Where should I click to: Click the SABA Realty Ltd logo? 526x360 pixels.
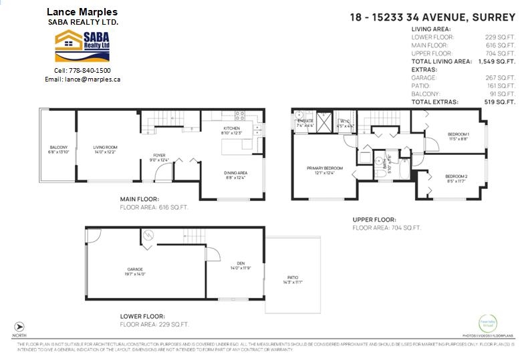[82, 45]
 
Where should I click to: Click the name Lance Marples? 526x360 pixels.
[82, 12]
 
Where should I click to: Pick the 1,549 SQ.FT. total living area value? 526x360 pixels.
[497, 61]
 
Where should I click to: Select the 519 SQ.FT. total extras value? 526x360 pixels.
[500, 102]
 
